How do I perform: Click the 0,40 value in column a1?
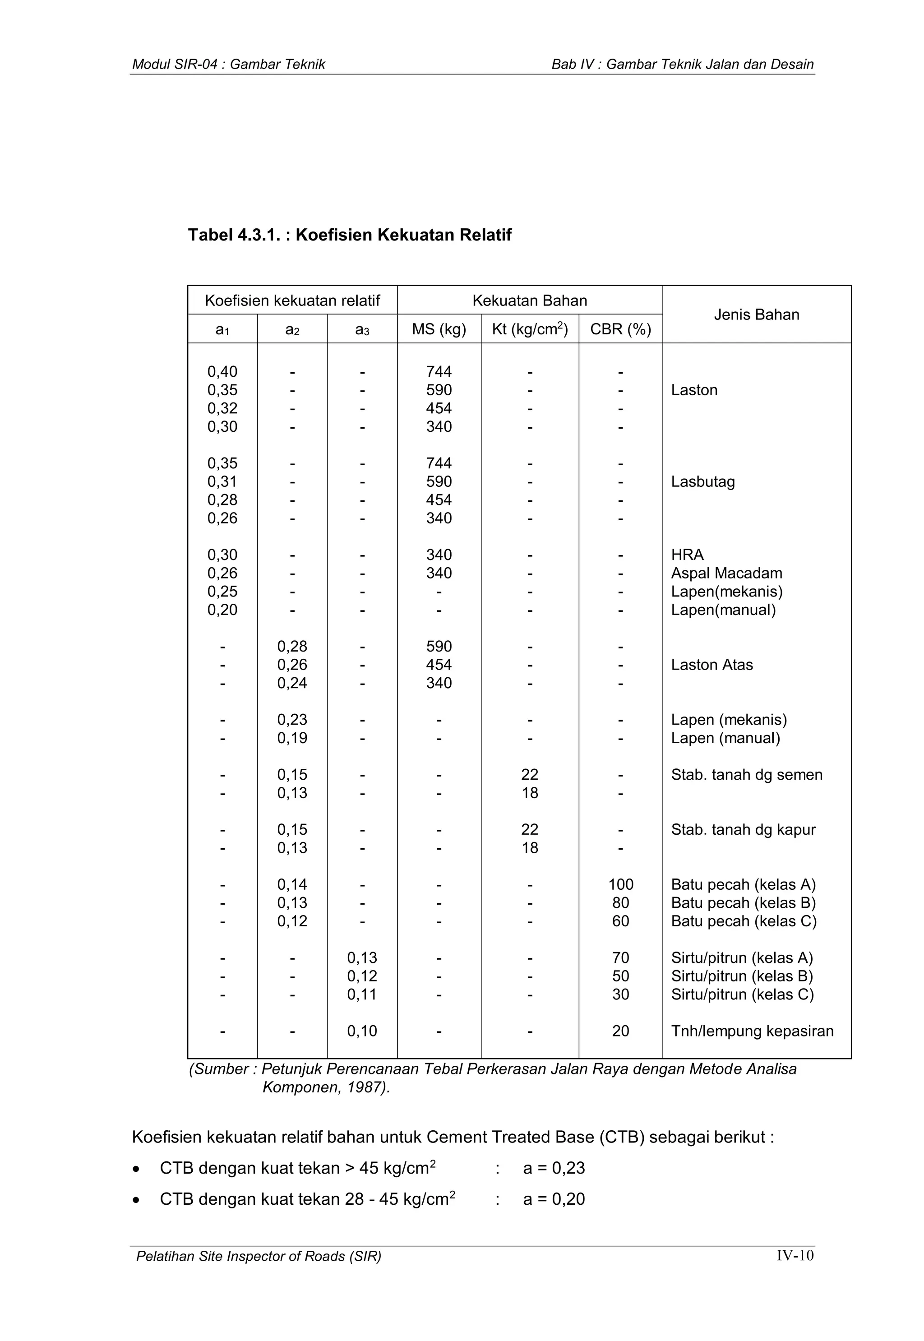point(222,372)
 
